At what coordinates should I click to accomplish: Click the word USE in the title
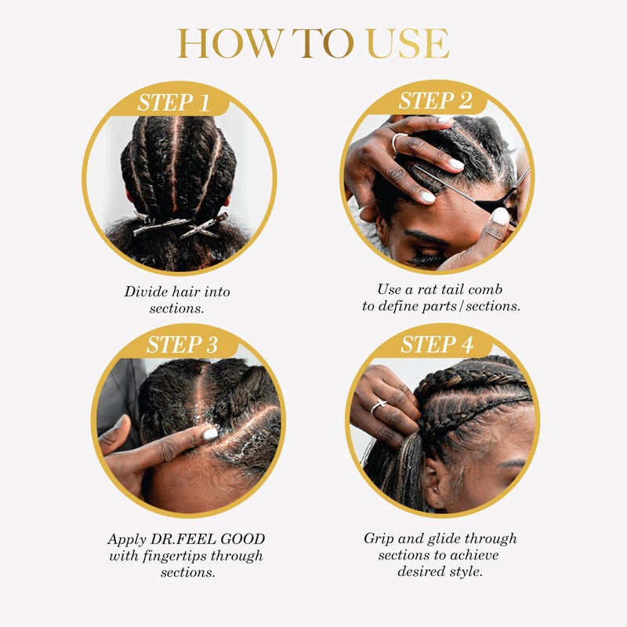click(408, 44)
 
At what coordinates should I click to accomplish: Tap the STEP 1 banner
click(179, 102)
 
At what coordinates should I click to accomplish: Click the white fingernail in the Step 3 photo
click(210, 433)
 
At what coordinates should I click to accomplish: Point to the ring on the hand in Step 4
click(379, 406)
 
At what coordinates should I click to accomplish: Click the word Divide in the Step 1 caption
click(146, 292)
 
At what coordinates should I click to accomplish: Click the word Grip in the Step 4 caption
click(379, 538)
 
